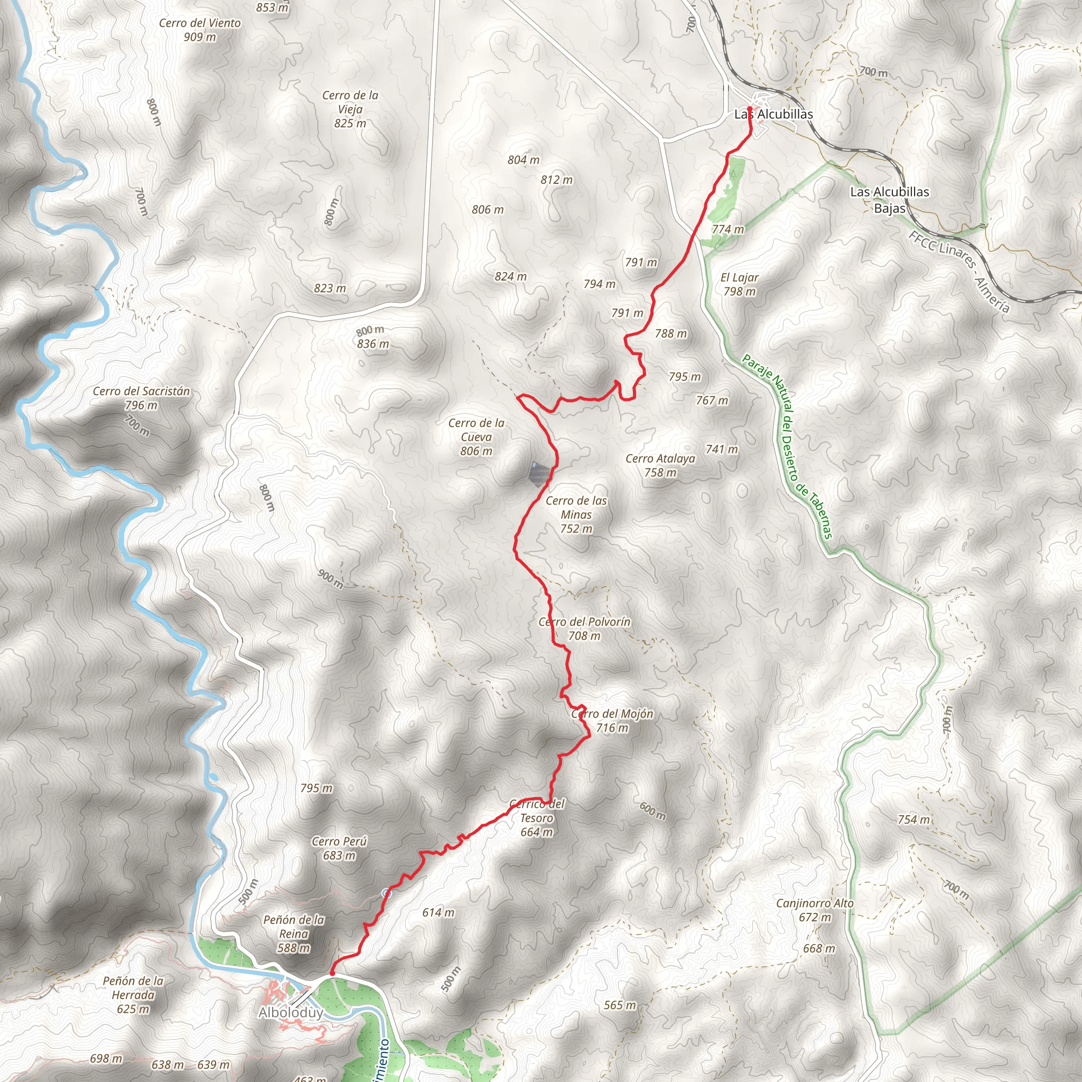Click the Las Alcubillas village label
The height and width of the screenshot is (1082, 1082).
point(773,114)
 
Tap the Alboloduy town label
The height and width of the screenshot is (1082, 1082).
point(291,1013)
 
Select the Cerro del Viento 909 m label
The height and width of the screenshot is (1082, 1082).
point(199,30)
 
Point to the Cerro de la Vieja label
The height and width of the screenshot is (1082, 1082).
point(350,109)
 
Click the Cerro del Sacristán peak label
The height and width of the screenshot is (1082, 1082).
point(141,398)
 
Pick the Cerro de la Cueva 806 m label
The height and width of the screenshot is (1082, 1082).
point(476,437)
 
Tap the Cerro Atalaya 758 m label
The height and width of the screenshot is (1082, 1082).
point(660,465)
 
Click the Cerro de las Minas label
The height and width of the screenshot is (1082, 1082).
point(576,514)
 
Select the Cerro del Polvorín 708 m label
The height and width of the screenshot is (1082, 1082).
point(584,628)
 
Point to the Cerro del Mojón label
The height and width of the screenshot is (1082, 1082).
point(612,720)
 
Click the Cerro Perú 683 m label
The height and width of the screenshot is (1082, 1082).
point(339,848)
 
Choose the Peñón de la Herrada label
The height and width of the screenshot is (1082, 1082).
point(133,995)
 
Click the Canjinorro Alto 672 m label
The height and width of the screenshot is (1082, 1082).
point(814,910)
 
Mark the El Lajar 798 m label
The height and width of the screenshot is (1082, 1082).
point(739,284)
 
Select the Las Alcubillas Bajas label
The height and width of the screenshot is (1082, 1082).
point(889,199)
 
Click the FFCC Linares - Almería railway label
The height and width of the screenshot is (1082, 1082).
point(959,272)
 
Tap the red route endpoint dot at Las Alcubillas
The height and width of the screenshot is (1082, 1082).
point(749,109)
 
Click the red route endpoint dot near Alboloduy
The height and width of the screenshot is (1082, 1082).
point(332,974)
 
